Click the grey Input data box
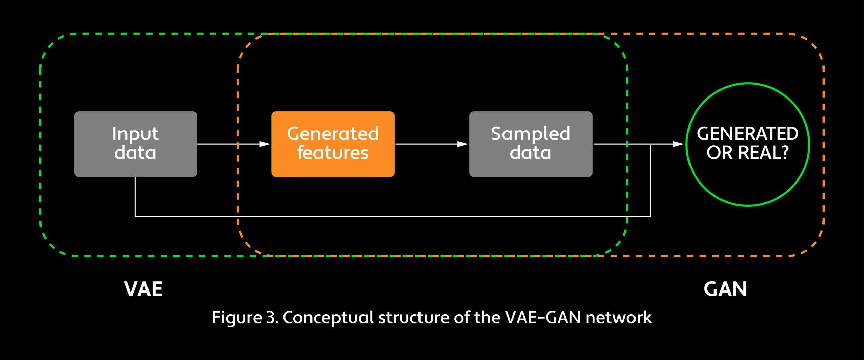[135, 144]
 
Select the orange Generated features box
[333, 144]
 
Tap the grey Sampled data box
[531, 144]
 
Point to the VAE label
[143, 289]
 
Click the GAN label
[725, 289]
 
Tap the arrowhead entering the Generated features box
[265, 144]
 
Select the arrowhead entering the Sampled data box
[463, 144]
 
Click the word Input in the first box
[135, 134]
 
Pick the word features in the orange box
[333, 153]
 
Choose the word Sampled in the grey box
[531, 134]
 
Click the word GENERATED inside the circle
[748, 134]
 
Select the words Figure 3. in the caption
[245, 317]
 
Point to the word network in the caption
[619, 317]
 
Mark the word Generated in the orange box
[333, 134]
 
